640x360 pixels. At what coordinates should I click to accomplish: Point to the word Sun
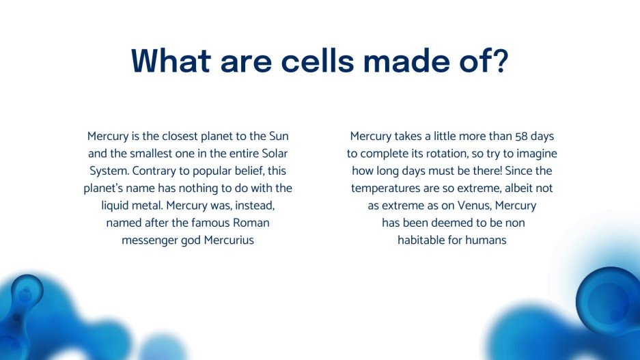288,136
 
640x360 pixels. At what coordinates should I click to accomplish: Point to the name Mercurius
229,240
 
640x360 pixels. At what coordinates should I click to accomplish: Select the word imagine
534,153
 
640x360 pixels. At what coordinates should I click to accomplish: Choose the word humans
486,240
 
